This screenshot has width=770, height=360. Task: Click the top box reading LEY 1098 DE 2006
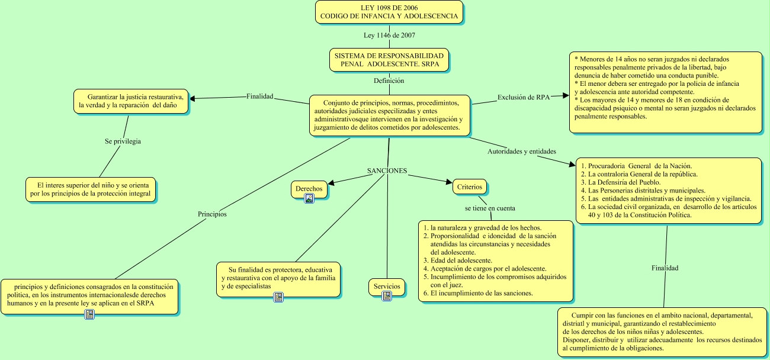[389, 12]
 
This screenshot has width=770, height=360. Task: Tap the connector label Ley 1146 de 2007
[389, 36]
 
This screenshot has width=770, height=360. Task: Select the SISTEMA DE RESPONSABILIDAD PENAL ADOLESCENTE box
[389, 59]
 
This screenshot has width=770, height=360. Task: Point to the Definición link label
[389, 81]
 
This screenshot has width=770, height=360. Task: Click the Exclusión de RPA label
[523, 98]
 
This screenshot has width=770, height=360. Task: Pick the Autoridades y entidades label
[521, 152]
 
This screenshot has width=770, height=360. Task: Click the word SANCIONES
[387, 171]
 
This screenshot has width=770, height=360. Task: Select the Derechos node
[309, 189]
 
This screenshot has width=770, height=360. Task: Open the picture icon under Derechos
[309, 198]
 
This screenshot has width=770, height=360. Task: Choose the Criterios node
[470, 187]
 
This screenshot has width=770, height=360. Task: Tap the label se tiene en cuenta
[489, 208]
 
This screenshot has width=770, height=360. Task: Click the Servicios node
[387, 287]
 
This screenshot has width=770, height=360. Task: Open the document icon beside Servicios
[387, 296]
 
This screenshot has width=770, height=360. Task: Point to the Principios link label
[212, 214]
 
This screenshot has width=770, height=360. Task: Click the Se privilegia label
[123, 142]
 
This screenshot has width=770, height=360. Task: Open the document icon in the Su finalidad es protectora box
[278, 297]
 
